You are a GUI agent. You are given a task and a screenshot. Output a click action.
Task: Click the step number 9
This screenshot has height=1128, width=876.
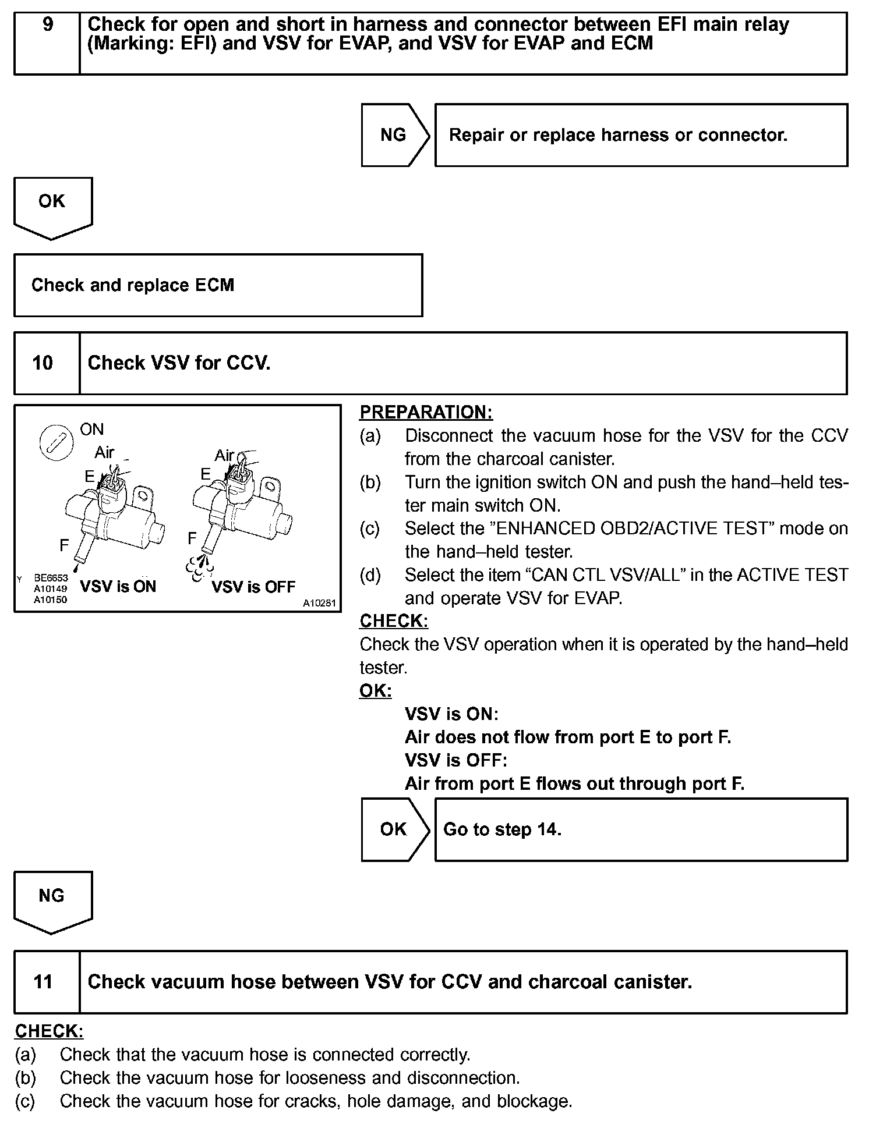(48, 25)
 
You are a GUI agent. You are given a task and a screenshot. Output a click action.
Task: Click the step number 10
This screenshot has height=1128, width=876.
(43, 363)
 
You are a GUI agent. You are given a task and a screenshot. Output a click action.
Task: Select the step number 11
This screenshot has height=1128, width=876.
(43, 982)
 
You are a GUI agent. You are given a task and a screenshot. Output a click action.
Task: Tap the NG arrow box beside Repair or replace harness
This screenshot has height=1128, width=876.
(394, 135)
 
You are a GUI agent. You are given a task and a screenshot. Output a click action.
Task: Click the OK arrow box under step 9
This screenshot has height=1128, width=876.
(52, 204)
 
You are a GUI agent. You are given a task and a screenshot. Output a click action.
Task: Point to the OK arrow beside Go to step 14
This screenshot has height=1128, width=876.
(394, 829)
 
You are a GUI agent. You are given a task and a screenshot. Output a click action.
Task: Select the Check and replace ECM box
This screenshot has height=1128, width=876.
(218, 285)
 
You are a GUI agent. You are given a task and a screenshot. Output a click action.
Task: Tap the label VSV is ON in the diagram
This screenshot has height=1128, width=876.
(118, 586)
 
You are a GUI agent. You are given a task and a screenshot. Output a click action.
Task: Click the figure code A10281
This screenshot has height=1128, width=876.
(319, 603)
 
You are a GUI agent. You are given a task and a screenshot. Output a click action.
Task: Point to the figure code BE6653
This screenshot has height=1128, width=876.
(51, 578)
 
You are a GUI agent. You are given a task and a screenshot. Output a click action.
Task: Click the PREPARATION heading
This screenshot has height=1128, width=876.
(426, 412)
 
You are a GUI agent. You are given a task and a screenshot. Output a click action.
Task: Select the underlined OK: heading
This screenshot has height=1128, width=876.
(375, 691)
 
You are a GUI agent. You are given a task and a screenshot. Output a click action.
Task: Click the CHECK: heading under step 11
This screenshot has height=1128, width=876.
(49, 1031)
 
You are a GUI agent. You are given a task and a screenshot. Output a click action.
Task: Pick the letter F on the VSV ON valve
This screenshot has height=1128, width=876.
(64, 545)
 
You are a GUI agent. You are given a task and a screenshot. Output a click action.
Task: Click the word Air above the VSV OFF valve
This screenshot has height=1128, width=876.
(224, 455)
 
